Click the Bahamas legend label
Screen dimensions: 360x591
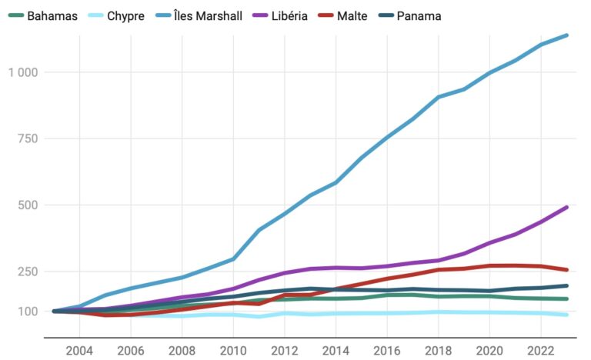52,15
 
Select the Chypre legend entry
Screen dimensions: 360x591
125,15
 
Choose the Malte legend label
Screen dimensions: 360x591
374,15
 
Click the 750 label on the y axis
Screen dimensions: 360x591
28,138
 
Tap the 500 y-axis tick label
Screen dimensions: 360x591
28,205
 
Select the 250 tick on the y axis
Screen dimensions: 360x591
28,272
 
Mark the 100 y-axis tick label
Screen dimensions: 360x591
28,312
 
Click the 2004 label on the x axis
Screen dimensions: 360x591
79,350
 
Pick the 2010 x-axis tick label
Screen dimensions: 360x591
232,350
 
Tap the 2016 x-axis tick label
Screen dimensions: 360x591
386,350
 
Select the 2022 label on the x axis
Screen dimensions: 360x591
540,350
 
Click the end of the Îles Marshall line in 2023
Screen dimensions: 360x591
566,35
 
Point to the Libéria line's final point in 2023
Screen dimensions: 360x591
566,207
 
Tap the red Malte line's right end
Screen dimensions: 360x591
566,270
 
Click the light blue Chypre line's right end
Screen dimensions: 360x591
566,315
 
